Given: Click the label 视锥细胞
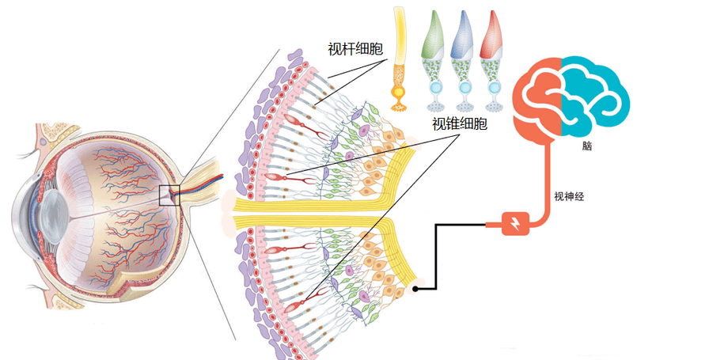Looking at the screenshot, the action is [x=459, y=124].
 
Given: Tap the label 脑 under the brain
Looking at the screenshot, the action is [x=587, y=146].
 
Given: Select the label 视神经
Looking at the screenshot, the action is [x=569, y=196].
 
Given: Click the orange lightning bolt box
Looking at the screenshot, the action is [x=515, y=224].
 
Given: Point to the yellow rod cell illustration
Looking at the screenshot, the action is [x=399, y=59].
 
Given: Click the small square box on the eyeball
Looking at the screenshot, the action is [x=169, y=195].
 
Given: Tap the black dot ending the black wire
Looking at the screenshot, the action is [x=415, y=289].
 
